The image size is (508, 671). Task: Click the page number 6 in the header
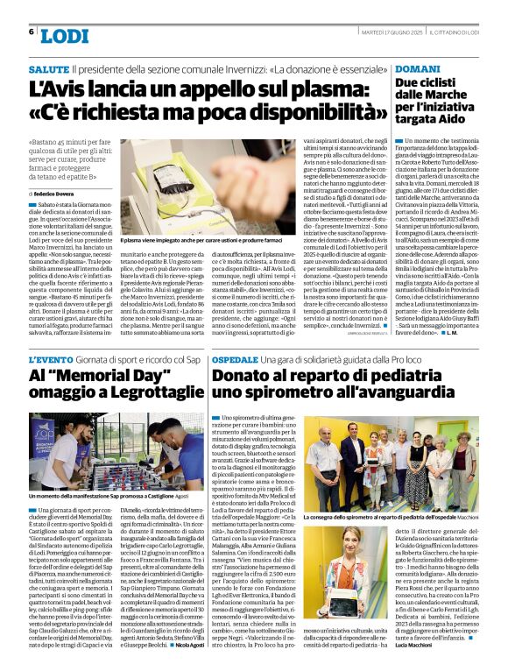click(32, 32)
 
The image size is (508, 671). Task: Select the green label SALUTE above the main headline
click(48, 68)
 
